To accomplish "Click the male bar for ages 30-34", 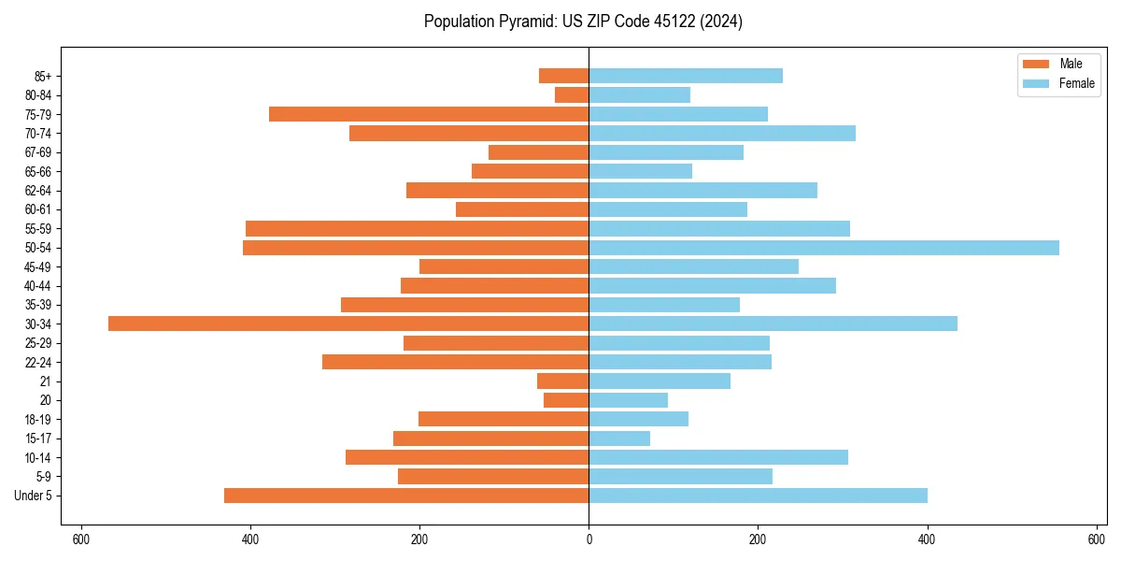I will [x=348, y=324].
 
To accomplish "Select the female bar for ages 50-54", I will [x=824, y=248].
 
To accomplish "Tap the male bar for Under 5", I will [x=406, y=496].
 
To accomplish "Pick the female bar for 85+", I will [x=686, y=76].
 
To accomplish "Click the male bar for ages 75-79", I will [x=429, y=114].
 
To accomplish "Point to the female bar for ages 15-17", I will [x=619, y=439].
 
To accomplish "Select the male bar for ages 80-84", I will [x=572, y=94].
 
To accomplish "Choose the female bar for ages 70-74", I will [x=722, y=133].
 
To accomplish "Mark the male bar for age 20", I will [x=566, y=400].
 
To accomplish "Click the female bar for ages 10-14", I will [x=718, y=457].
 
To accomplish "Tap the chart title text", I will [x=583, y=22].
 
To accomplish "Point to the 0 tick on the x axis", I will [x=589, y=539].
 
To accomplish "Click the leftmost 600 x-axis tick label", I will [x=81, y=539].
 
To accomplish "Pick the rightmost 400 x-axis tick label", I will [x=927, y=539].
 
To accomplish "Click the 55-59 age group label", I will [x=38, y=228].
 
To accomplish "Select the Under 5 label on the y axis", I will [x=33, y=496].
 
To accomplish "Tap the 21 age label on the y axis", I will [x=46, y=381].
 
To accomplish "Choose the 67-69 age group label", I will [x=38, y=152].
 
